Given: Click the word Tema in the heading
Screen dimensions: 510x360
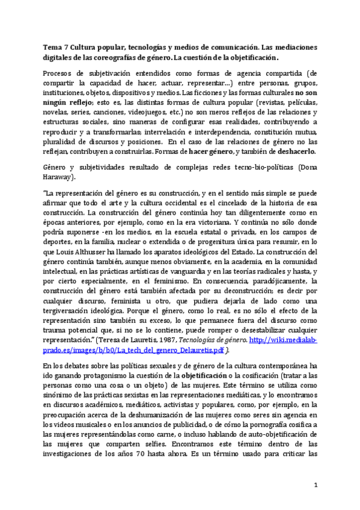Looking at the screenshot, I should (x=53, y=47).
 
